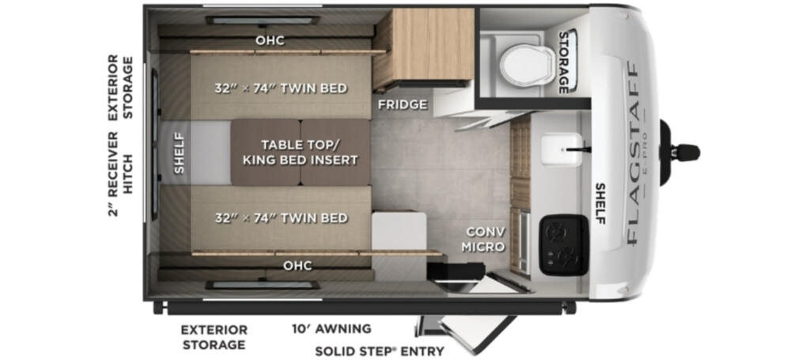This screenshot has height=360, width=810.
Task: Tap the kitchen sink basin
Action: (x=562, y=150)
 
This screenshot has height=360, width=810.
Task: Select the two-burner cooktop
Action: (x=563, y=244)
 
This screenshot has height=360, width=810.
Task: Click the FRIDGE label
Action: (x=403, y=105)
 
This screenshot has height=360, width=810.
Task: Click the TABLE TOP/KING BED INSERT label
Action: (x=300, y=153)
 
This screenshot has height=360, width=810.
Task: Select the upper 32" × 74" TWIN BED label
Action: (x=281, y=89)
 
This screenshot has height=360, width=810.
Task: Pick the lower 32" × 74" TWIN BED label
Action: (x=281, y=218)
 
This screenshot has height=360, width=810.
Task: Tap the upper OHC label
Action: (x=270, y=40)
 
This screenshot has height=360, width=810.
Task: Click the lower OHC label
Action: (x=297, y=266)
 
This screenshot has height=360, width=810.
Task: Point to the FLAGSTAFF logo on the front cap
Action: (x=632, y=153)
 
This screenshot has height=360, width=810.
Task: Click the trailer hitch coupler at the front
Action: (x=679, y=153)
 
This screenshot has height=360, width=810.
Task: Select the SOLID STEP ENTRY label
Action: (x=380, y=351)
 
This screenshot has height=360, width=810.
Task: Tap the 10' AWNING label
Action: (x=331, y=328)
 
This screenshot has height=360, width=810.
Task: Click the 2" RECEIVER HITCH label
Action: (x=120, y=174)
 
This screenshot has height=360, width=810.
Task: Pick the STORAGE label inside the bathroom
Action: (x=563, y=63)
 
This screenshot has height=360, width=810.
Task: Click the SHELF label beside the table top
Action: (x=179, y=153)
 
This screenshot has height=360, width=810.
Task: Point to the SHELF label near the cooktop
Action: (x=600, y=203)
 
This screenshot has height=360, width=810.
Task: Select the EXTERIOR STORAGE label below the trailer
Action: (x=214, y=337)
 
